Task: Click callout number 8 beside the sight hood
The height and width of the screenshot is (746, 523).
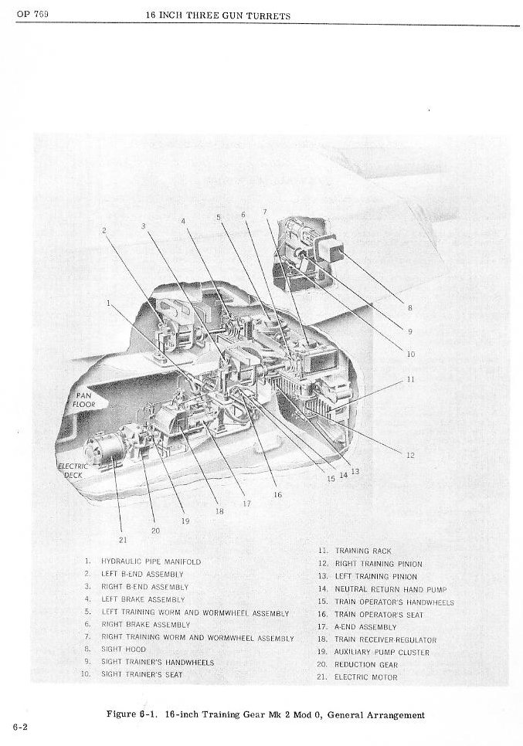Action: coord(409,308)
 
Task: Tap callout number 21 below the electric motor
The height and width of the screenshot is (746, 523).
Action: coord(122,539)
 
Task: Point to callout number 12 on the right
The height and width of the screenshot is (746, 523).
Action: coord(410,455)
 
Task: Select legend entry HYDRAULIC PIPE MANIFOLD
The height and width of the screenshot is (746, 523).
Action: coord(151,562)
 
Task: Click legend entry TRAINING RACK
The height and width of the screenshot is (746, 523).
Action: coord(363,551)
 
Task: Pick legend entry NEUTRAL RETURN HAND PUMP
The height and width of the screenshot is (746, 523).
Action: coord(391,589)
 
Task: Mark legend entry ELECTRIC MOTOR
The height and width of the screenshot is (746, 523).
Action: coord(366,677)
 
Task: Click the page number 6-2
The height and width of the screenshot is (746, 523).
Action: coord(21,727)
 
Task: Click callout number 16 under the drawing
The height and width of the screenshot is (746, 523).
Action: coord(276,494)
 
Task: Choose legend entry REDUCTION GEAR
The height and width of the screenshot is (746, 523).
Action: coord(366,665)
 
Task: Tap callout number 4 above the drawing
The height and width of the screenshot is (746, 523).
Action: coord(184,221)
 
